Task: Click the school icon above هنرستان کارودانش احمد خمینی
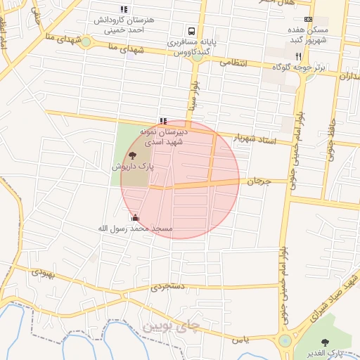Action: pyautogui.click(x=124, y=10)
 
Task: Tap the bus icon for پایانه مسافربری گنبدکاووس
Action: pyautogui.click(x=191, y=31)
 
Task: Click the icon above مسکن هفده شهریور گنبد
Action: pyautogui.click(x=308, y=19)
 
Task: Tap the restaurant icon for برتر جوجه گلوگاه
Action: pyautogui.click(x=298, y=56)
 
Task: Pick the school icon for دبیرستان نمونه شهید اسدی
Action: pyautogui.click(x=164, y=121)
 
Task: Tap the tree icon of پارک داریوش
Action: pyautogui.click(x=133, y=155)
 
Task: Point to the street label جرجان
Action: pyautogui.click(x=259, y=181)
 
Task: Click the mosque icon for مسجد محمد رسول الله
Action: pyautogui.click(x=135, y=218)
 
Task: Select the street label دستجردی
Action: pyautogui.click(x=167, y=287)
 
